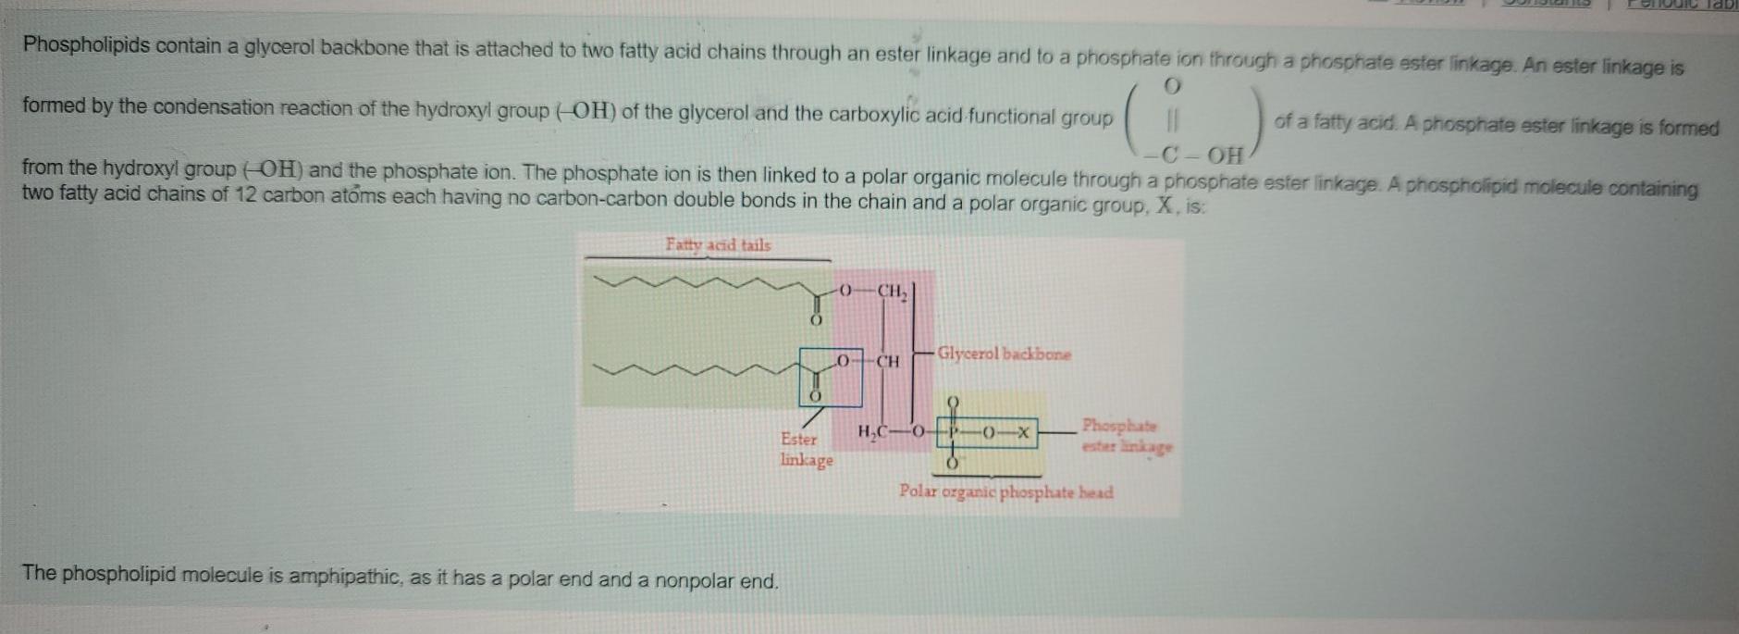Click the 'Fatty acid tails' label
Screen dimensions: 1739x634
tap(718, 245)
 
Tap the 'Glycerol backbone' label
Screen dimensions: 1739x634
tap(1004, 354)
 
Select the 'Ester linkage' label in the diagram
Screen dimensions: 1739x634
tap(806, 450)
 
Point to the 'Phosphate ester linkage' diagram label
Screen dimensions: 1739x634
tap(1126, 436)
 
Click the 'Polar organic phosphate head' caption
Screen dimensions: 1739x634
tap(1006, 492)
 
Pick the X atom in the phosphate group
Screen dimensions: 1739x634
tap(1022, 432)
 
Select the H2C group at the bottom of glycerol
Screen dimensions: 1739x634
tap(873, 432)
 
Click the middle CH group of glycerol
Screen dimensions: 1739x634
tap(887, 361)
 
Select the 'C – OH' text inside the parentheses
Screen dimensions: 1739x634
tap(1202, 155)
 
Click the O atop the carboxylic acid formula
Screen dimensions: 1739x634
tap(1172, 87)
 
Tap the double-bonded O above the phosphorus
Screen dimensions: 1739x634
tap(954, 403)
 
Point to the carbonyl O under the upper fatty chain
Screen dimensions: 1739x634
tap(815, 320)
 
